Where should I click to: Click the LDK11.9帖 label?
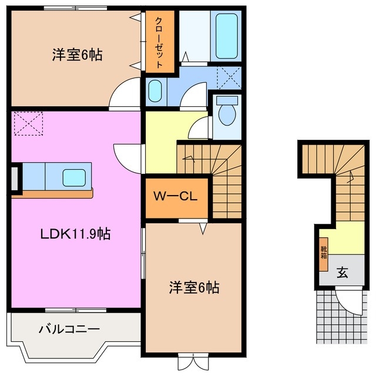coord(75,234)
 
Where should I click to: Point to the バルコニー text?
coord(69,328)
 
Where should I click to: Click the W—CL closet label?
coord(175,196)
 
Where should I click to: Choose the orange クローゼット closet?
coord(160,41)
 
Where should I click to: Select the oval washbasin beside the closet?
coord(155,92)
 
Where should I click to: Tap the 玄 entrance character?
coord(341,272)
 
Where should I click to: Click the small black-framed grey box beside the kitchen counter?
coord(15,179)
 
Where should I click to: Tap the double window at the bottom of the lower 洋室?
coord(193,359)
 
